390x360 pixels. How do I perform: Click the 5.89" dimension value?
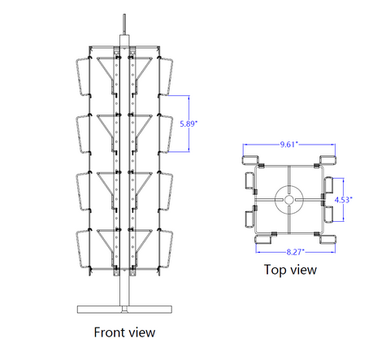point(188,124)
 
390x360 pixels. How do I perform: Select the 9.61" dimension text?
point(289,145)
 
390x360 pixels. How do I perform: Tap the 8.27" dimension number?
point(296,252)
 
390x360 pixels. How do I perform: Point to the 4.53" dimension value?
point(343,200)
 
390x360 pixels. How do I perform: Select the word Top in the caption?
point(275,270)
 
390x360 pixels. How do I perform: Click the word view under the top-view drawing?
point(303,270)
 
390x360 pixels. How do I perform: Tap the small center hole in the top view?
point(288,200)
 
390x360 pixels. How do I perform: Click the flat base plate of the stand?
point(124,310)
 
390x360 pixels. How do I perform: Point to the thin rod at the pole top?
point(124,24)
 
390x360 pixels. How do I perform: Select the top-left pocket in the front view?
point(83,76)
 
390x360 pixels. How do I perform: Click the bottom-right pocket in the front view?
point(166,249)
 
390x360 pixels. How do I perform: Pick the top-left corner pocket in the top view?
point(250,160)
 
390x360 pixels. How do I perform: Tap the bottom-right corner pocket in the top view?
point(328,240)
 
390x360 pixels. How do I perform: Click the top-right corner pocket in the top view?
point(328,160)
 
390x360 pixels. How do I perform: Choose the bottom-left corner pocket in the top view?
point(263,240)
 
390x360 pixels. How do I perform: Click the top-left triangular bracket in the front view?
point(106,69)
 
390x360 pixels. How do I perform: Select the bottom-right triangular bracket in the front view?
point(143,241)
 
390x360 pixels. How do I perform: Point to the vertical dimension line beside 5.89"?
point(188,124)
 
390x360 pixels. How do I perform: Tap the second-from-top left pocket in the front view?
point(83,134)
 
